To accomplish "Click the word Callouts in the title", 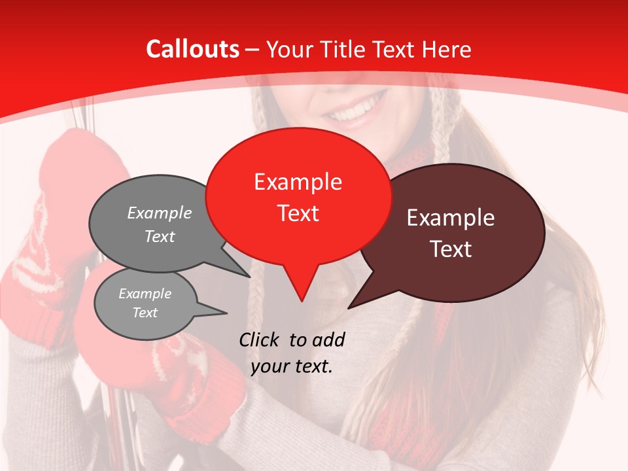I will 192,49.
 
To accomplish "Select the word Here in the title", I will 447,49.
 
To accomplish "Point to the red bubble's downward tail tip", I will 301,302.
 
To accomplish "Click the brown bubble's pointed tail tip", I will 349,307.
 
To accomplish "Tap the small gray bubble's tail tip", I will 227,312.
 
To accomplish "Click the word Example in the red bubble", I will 298,182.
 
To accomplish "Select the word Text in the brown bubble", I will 451,249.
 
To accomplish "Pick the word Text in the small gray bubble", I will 145,313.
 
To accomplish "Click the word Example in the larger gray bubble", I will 160,213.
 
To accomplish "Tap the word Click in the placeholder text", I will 260,340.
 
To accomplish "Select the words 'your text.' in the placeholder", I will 292,366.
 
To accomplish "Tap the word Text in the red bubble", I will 298,213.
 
